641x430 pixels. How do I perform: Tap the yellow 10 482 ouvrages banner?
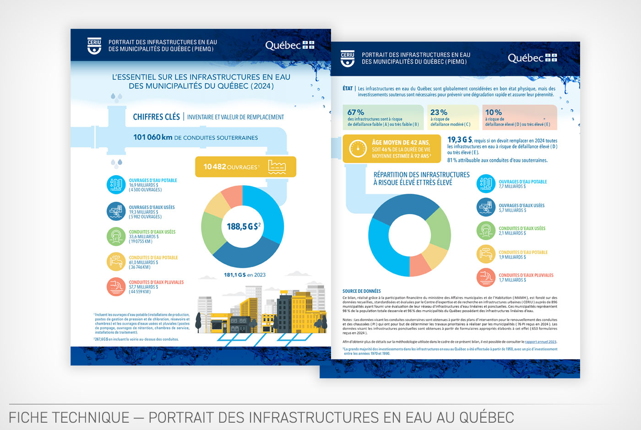pyautogui.click(x=245, y=167)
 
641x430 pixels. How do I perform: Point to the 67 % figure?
pyautogui.click(x=356, y=112)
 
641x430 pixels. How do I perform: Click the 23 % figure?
pyautogui.click(x=439, y=112)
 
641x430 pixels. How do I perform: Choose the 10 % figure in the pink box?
pyautogui.click(x=494, y=112)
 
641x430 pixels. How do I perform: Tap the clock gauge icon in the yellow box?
pyautogui.click(x=358, y=149)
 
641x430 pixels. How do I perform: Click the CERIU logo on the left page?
pyautogui.click(x=94, y=46)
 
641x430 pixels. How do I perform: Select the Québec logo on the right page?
pyautogui.click(x=532, y=58)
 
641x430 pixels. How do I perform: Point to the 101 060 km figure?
pyautogui.click(x=153, y=137)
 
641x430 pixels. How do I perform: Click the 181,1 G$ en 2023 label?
pyautogui.click(x=244, y=275)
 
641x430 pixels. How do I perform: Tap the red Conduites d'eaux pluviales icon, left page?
pyautogui.click(x=116, y=287)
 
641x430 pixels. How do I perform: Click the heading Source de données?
pyautogui.click(x=362, y=291)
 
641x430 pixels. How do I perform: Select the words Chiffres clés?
pyautogui.click(x=156, y=117)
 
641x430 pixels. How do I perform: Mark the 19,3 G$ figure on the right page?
pyautogui.click(x=459, y=140)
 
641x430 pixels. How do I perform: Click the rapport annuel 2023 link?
pyautogui.click(x=540, y=342)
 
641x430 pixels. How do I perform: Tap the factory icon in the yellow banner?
pyautogui.click(x=277, y=167)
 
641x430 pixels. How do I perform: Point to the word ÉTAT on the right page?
pyautogui.click(x=348, y=89)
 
